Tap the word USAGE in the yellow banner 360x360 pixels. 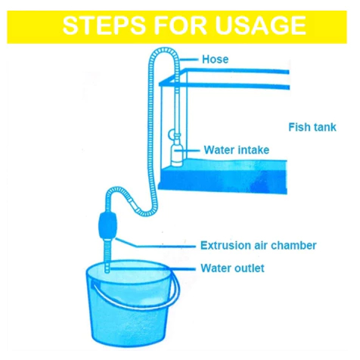point(260,25)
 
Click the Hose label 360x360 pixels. point(215,60)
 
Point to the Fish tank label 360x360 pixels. point(312,127)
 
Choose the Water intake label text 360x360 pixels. point(237,150)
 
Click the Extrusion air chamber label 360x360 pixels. point(259,245)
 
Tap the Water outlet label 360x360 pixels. point(232,268)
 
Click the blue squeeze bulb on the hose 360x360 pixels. point(107,226)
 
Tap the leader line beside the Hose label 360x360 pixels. point(188,60)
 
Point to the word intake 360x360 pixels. point(253,150)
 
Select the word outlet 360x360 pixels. point(249,268)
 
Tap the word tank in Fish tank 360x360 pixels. point(324,127)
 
